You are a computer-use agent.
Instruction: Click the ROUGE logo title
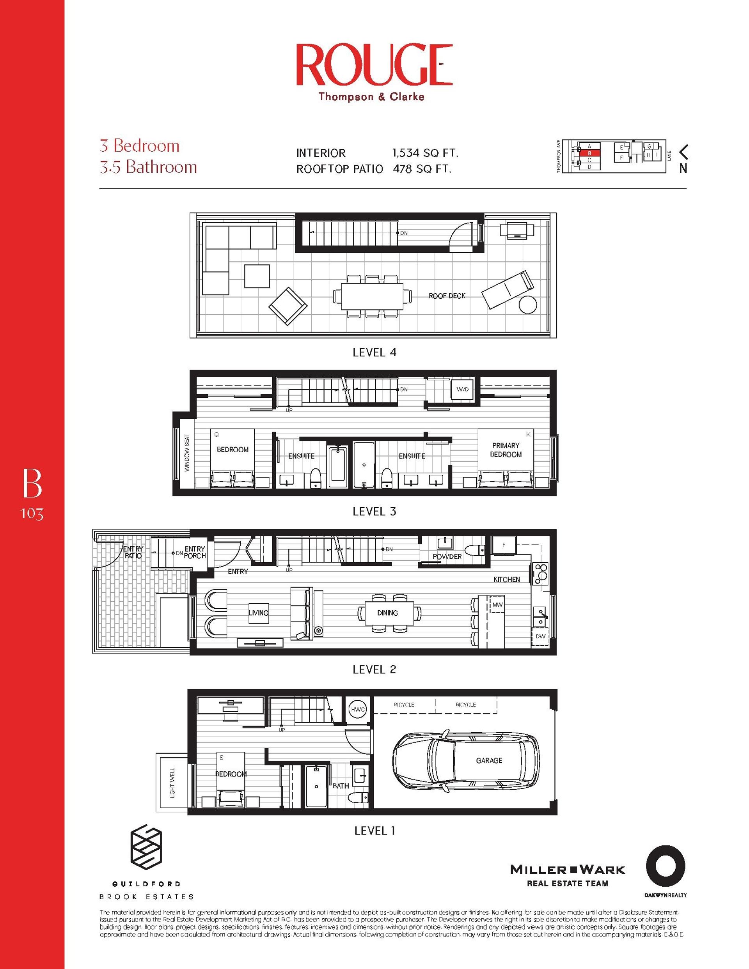pyautogui.click(x=374, y=65)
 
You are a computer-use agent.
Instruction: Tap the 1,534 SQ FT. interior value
pyautogui.click(x=425, y=153)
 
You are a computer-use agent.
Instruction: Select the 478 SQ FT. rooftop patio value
pyautogui.click(x=422, y=169)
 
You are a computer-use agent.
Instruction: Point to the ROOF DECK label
pyautogui.click(x=447, y=296)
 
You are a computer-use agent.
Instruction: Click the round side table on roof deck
pyautogui.click(x=528, y=305)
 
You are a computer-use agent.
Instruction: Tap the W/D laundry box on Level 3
pyautogui.click(x=462, y=390)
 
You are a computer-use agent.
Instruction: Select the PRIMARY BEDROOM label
pyautogui.click(x=505, y=450)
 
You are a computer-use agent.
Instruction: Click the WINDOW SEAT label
pyautogui.click(x=187, y=453)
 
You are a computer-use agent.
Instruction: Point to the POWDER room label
pyautogui.click(x=447, y=556)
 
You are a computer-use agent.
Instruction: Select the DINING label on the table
pyautogui.click(x=387, y=613)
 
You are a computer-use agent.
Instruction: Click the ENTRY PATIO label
pyautogui.click(x=133, y=553)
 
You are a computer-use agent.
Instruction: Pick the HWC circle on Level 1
pyautogui.click(x=357, y=709)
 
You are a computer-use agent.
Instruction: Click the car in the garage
pyautogui.click(x=466, y=760)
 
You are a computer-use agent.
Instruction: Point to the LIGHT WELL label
pyautogui.click(x=173, y=783)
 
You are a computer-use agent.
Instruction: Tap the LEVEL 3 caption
pyautogui.click(x=374, y=512)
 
